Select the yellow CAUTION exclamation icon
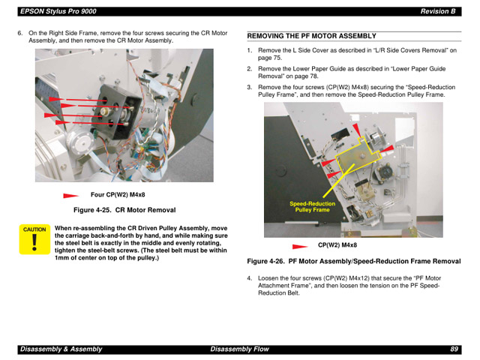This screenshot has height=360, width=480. point(34,240)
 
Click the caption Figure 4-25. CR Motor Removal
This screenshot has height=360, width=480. point(124,209)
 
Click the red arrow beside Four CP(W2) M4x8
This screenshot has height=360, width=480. point(72,196)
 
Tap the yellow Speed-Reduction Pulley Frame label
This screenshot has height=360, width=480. point(312,207)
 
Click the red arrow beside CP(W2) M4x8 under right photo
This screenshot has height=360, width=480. point(301,246)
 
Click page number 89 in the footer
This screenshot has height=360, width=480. point(454,349)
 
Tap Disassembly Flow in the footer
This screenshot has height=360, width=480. point(238,349)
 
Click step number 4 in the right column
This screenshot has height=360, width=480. point(250,278)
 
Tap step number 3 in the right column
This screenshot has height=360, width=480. point(250,87)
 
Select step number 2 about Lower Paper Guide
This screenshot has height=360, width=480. point(250,68)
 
